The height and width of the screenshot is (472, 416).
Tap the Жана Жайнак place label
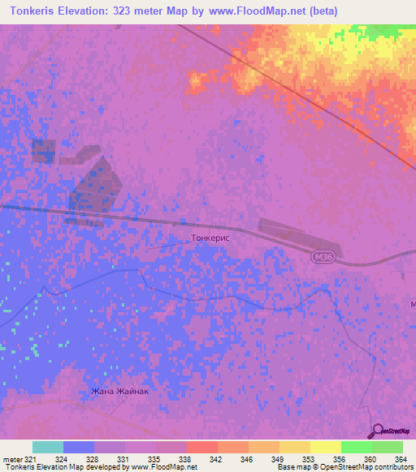click(x=120, y=392)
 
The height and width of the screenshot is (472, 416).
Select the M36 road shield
click(x=322, y=256)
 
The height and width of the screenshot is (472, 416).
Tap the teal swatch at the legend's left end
click(x=48, y=447)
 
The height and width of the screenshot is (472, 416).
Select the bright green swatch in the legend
click(x=356, y=447)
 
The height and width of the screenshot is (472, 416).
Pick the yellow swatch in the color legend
click(x=325, y=447)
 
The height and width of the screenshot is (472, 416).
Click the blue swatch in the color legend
click(x=79, y=447)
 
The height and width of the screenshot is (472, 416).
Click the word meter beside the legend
click(x=15, y=458)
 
